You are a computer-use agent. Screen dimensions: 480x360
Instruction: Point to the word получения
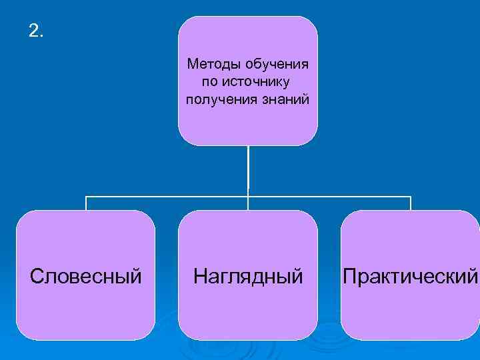[x=214, y=99]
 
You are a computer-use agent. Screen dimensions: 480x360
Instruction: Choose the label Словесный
[x=86, y=275]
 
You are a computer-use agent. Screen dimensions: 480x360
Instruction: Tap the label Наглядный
[x=248, y=275]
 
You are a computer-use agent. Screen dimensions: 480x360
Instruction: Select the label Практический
[x=410, y=275]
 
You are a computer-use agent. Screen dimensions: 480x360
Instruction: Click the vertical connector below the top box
[x=248, y=170]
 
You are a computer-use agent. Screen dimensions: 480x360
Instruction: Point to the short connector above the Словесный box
[x=86, y=203]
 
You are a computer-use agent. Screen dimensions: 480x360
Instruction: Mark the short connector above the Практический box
[x=411, y=203]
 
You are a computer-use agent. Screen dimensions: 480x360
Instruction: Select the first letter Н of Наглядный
[x=199, y=275]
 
